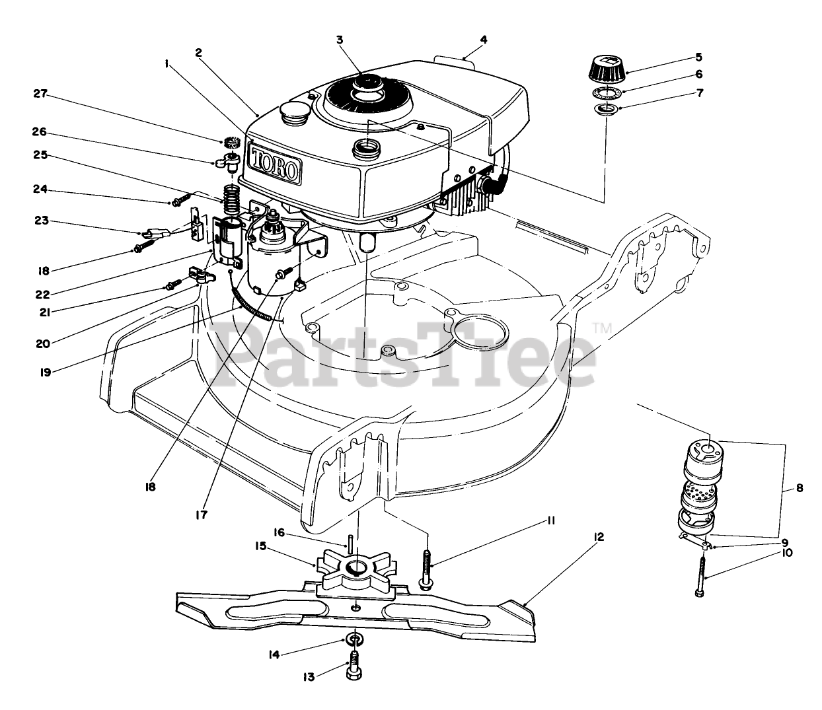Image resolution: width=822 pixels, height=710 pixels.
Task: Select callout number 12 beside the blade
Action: tap(599, 538)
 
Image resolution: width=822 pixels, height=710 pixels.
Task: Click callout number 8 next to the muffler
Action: tap(800, 489)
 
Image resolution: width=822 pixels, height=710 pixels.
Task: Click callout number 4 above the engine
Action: tap(484, 40)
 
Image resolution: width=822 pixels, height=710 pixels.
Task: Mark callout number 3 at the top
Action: tap(340, 40)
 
